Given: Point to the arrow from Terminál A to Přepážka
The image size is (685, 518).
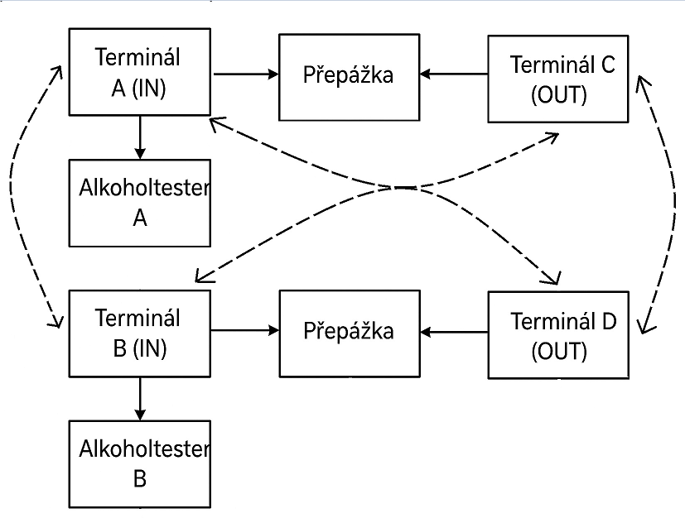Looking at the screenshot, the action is click(x=245, y=74).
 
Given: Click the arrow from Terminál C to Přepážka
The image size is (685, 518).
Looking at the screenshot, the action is click(x=454, y=74).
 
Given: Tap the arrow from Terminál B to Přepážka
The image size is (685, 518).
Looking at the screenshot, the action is click(x=245, y=330).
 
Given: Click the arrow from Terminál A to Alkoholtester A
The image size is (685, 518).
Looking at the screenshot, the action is click(x=140, y=137).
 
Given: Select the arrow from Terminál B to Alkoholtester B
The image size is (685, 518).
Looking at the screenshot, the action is click(x=140, y=399).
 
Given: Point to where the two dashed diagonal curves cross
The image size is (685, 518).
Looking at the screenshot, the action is click(x=402, y=188).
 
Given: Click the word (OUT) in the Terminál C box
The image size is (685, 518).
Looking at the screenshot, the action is click(x=559, y=95).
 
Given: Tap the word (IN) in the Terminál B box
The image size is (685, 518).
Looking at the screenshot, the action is click(x=149, y=348).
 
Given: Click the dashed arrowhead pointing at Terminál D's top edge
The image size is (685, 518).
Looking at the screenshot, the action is click(x=553, y=278).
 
